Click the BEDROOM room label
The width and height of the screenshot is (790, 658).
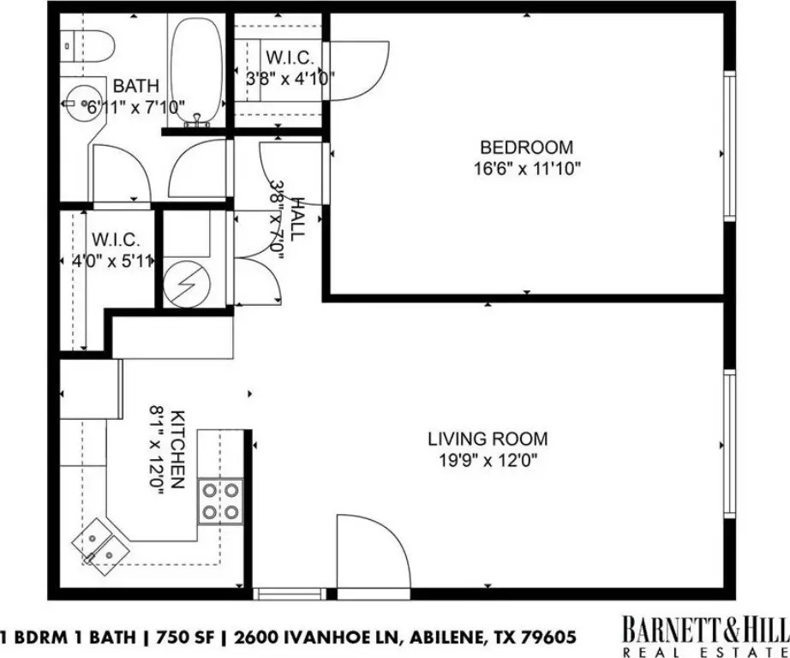tap(526, 147)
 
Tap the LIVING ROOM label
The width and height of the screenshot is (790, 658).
tap(488, 439)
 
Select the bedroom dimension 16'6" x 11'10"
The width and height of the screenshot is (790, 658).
tap(527, 168)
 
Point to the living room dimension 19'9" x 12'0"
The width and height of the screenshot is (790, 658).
tap(488, 460)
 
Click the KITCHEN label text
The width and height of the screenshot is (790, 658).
tap(178, 450)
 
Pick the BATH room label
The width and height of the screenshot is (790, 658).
tap(135, 86)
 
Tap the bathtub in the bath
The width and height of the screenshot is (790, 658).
tap(197, 71)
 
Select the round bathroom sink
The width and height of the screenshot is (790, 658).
tap(83, 104)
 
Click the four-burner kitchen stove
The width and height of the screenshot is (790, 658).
tap(221, 501)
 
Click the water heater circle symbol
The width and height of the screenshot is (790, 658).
tap(187, 284)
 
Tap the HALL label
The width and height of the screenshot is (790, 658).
tap(298, 218)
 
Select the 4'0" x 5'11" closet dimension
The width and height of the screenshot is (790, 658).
tap(112, 261)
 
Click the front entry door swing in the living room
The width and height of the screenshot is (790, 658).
tap(373, 551)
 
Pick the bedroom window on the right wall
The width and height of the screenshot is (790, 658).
tap(729, 146)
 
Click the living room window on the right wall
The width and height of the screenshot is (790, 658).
tap(729, 445)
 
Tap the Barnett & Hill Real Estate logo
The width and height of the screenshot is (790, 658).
tap(705, 636)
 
